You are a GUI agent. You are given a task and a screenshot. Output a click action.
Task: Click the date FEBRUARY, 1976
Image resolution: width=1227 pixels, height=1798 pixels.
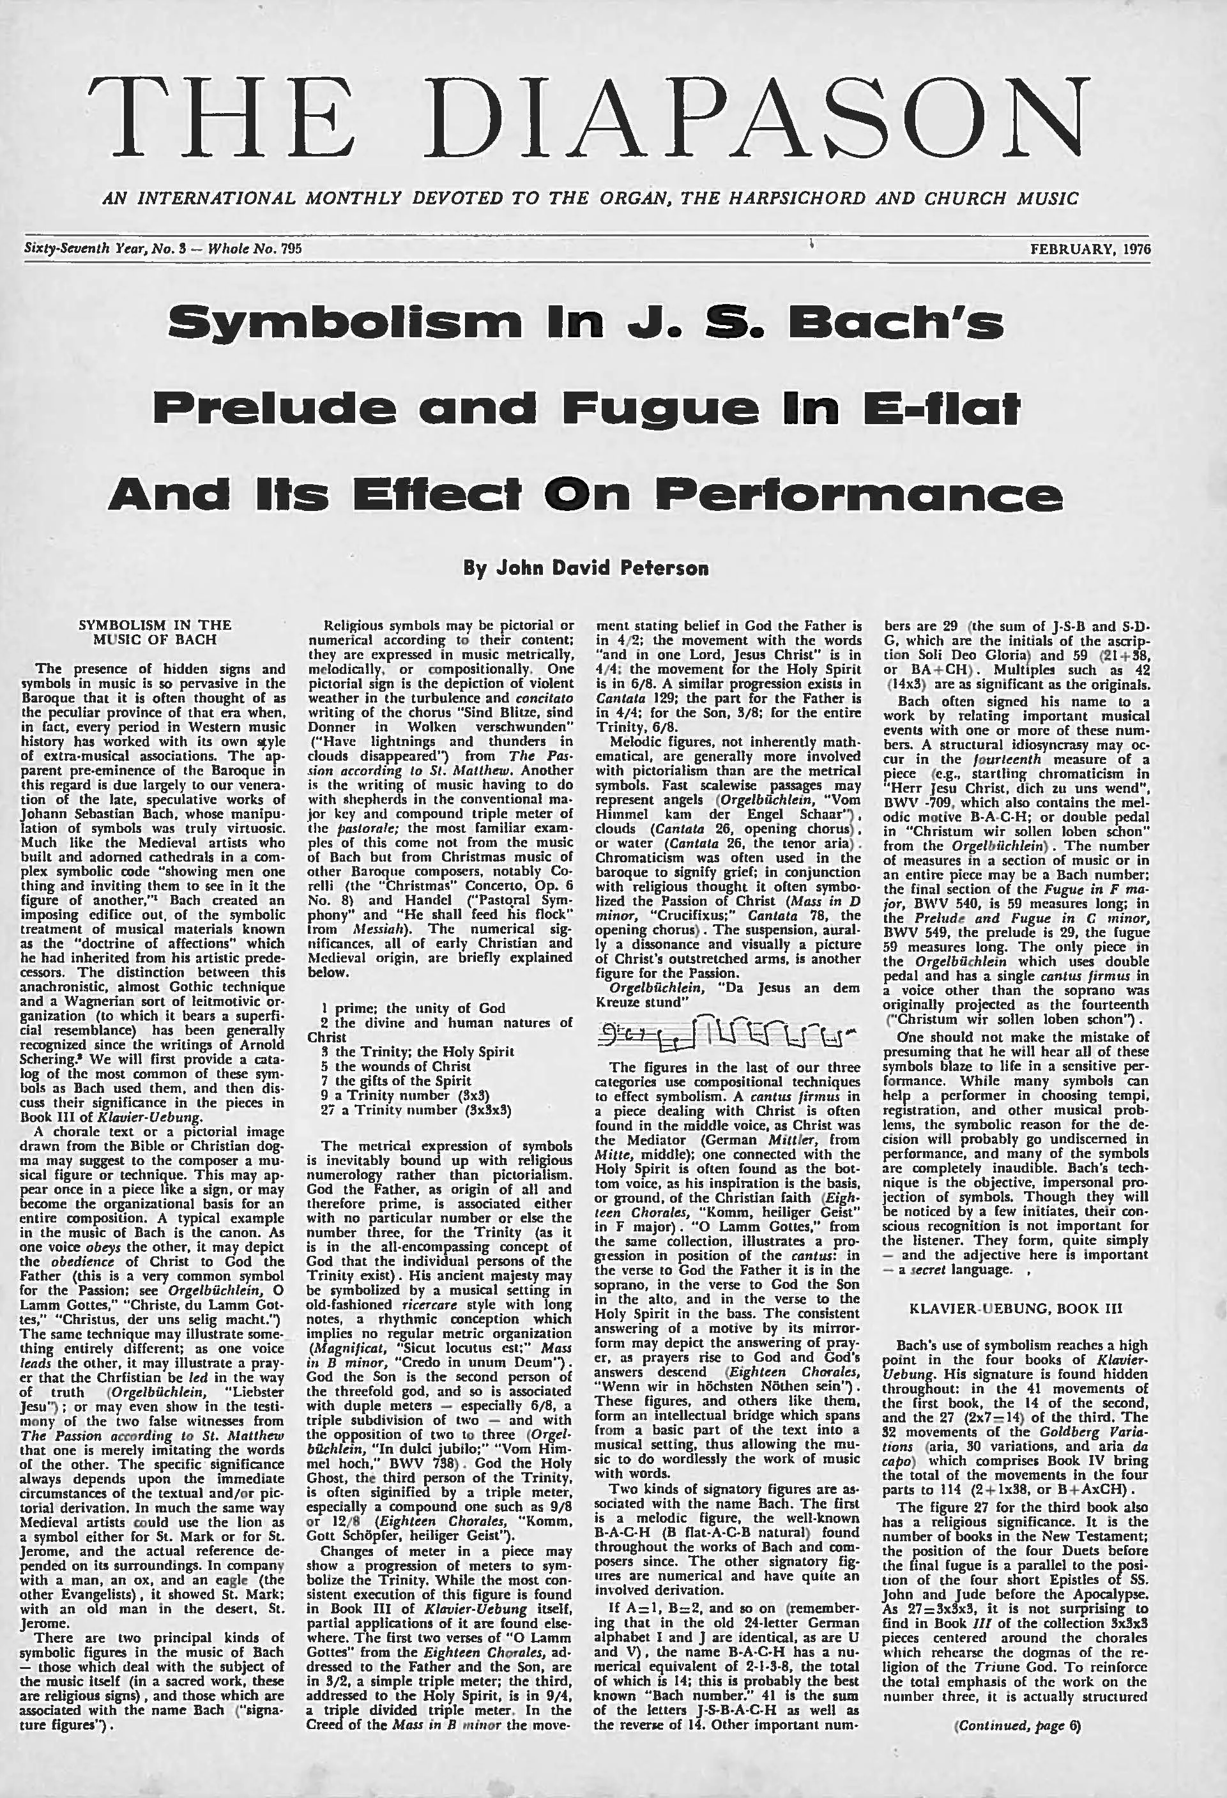[1089, 249]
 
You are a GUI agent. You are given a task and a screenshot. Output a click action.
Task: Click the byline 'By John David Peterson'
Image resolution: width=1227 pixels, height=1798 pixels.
[586, 568]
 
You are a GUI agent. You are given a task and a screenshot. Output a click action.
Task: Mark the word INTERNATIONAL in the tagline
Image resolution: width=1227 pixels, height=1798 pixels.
[217, 198]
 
